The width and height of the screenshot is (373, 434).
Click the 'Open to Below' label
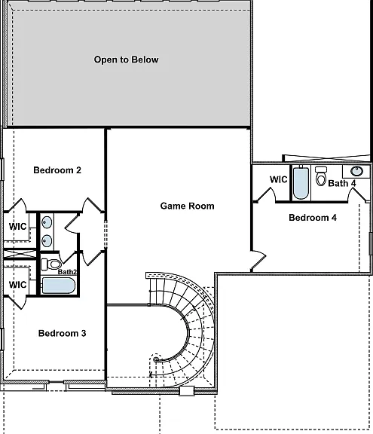coord(126,60)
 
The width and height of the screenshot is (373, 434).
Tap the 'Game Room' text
coord(187,206)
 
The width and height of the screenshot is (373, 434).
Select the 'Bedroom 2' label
coord(57,170)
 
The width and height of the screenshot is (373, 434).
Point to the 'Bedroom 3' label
coord(63,333)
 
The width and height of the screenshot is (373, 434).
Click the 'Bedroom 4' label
coord(313,218)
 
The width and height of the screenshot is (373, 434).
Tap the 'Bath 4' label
coord(342,183)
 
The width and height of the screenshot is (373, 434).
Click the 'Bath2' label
coord(67,272)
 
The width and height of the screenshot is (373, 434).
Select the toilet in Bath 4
coord(321,176)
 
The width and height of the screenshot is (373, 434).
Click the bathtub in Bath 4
coord(301,183)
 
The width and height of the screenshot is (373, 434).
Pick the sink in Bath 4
coord(356,171)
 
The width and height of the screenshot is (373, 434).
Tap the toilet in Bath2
coord(51,264)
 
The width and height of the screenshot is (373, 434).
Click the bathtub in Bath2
coord(58,286)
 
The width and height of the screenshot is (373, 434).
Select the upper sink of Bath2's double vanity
coord(47,222)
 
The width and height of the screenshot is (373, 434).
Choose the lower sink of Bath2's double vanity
coord(47,241)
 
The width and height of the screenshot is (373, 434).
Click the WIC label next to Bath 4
coord(279,179)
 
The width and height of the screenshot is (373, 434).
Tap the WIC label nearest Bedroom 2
coord(18,227)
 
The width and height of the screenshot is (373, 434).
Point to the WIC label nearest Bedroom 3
coord(18,285)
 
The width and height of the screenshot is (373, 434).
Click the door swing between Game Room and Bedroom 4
coord(258,261)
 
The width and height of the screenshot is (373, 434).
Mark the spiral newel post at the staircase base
coord(156,360)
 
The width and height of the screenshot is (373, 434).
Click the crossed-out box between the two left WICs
coord(20,254)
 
